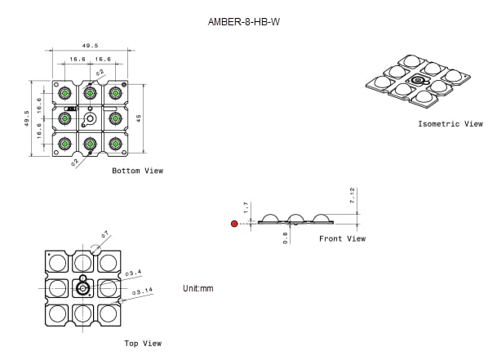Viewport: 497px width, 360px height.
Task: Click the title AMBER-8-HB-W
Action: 248,23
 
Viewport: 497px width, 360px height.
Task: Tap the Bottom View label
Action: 137,171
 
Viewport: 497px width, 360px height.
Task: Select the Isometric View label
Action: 450,124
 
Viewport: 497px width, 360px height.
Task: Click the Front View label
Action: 342,239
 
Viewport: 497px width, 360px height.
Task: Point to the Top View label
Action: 143,344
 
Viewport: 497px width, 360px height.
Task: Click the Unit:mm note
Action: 197,289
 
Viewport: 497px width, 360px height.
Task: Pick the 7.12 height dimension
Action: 353,196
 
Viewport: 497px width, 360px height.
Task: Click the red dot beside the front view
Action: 234,223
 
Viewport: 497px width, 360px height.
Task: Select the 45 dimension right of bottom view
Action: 140,119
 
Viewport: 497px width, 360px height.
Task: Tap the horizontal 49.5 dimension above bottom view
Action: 90,47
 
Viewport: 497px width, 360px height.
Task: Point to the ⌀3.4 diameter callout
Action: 134,272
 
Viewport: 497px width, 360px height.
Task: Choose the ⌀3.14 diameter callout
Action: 143,291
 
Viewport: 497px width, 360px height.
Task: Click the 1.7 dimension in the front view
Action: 246,208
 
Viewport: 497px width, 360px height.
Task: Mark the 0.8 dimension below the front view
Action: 286,238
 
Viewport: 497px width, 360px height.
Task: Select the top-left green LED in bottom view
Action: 65,93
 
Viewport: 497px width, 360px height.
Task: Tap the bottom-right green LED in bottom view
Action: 115,144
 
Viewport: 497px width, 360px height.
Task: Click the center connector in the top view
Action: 82,288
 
